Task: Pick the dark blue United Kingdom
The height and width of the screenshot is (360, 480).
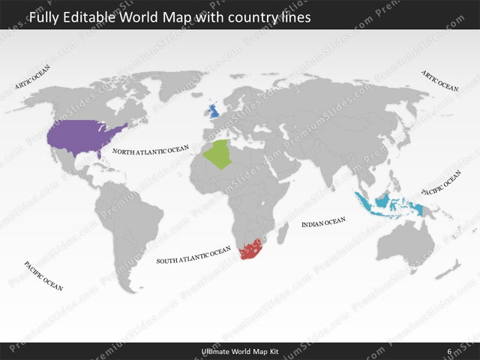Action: tap(214, 111)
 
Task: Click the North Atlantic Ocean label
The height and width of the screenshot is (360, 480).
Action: tap(150, 150)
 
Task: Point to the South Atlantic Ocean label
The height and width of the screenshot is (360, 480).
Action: tap(193, 256)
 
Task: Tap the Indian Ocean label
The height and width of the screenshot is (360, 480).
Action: tap(323, 223)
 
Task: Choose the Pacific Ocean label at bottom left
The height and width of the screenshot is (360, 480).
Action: tap(43, 275)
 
